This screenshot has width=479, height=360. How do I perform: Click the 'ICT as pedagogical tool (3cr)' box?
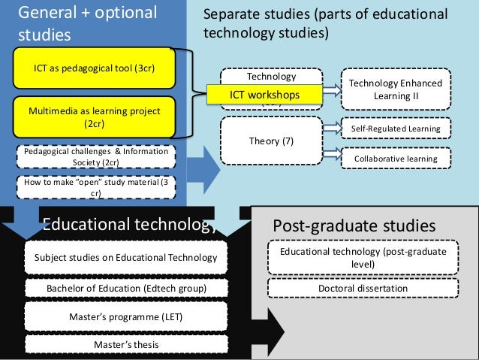tap(94, 67)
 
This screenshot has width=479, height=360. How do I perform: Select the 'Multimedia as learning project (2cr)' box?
tap(94, 117)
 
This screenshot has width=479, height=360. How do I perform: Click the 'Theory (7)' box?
tap(271, 141)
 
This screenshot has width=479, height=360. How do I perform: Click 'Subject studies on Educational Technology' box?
tap(125, 259)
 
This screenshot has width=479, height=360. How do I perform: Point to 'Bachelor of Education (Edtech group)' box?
tap(125, 289)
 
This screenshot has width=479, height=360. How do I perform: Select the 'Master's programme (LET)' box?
tap(125, 317)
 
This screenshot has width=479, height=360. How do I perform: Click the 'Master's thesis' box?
tap(125, 344)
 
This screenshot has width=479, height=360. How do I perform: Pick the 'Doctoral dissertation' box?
tap(363, 288)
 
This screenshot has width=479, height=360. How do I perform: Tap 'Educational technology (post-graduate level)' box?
tap(363, 257)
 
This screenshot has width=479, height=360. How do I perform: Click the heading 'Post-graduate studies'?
tap(353, 225)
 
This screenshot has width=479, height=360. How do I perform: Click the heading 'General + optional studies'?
tap(86, 23)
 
